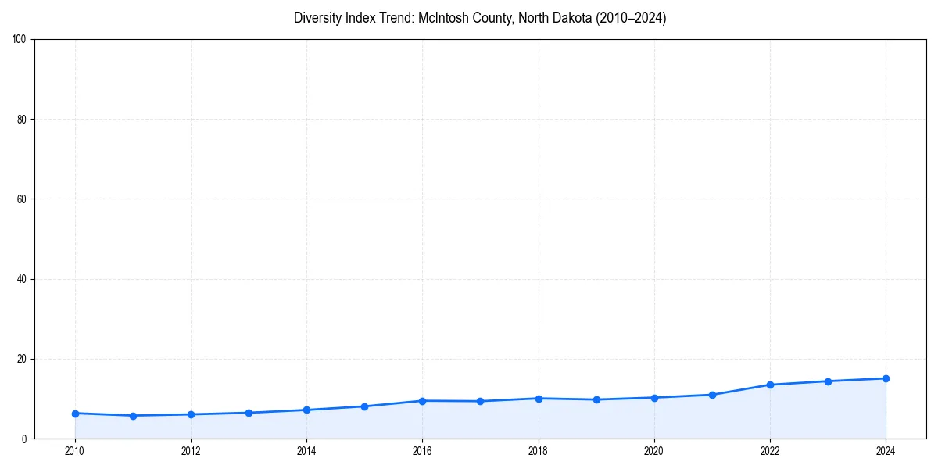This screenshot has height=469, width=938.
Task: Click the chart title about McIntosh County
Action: (x=480, y=18)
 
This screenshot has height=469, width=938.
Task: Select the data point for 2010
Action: (x=75, y=413)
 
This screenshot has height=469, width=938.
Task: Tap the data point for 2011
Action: (x=133, y=416)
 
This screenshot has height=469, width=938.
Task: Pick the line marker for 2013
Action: (x=249, y=413)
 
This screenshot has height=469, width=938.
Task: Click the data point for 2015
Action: (x=364, y=406)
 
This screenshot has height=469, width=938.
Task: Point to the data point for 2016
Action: (x=422, y=401)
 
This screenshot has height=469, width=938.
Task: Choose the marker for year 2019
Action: (x=596, y=399)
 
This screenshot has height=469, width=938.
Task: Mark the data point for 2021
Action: (x=712, y=395)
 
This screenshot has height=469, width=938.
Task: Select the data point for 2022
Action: (x=770, y=385)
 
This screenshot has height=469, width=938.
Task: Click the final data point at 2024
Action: (x=886, y=378)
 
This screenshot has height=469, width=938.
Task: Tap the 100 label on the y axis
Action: (x=20, y=39)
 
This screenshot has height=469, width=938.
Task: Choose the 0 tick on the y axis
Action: (x=25, y=439)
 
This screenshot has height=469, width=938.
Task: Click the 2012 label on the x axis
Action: (x=191, y=451)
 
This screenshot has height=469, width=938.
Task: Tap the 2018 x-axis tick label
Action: (x=538, y=451)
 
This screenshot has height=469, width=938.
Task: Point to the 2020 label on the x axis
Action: (x=654, y=451)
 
